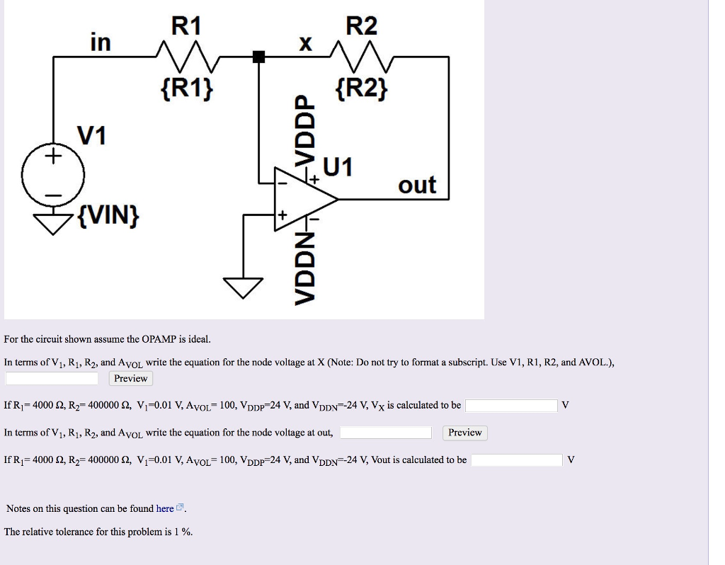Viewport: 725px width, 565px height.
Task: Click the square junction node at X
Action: tap(259, 57)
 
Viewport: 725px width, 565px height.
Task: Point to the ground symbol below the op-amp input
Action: tap(243, 286)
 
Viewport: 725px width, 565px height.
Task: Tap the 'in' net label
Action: tap(101, 42)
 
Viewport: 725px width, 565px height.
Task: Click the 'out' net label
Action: tap(417, 185)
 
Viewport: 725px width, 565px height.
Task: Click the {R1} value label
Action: tap(186, 89)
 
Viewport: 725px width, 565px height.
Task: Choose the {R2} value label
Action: tap(362, 89)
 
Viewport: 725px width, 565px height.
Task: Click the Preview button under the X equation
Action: tap(130, 379)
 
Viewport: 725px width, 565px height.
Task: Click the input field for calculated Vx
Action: tap(511, 406)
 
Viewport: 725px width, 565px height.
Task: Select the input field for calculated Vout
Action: tap(517, 460)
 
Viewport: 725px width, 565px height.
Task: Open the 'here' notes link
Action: tap(165, 508)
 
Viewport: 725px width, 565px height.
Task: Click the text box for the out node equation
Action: tap(387, 433)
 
